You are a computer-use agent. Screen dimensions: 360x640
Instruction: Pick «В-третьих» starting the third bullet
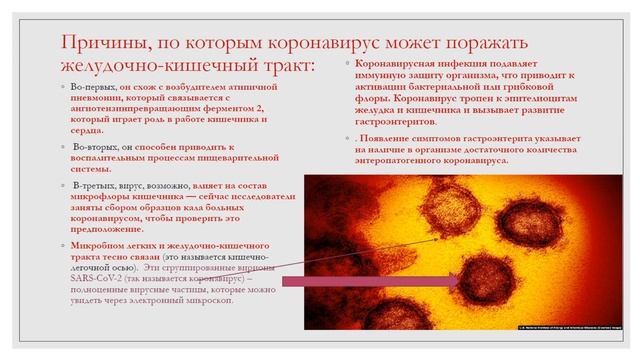pyautogui.click(x=93, y=186)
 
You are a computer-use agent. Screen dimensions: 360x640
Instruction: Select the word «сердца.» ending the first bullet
pyautogui.click(x=85, y=129)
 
